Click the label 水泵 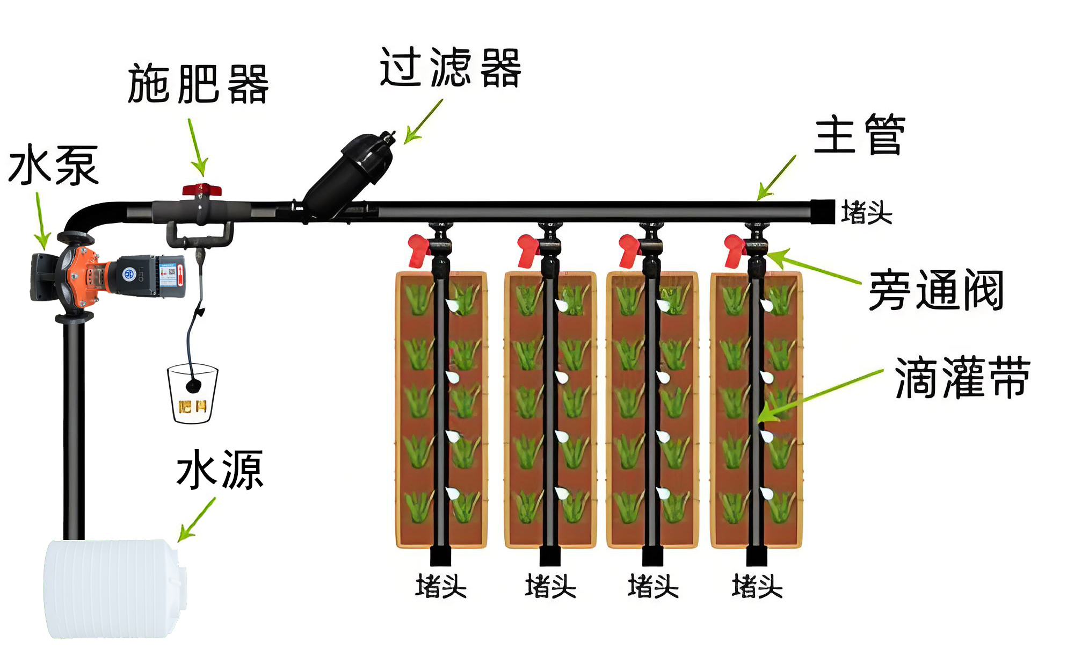[54, 165]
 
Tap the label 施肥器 [198, 84]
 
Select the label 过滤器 [450, 68]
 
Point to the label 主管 [859, 135]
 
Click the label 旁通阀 [936, 291]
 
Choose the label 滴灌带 [962, 378]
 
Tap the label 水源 [220, 470]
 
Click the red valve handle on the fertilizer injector [202, 190]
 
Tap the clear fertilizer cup [192, 394]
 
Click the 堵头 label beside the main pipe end [866, 213]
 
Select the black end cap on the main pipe [822, 211]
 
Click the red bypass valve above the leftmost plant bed [419, 250]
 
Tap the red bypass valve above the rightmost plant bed [735, 250]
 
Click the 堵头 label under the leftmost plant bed [441, 586]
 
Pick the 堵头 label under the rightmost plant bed [757, 586]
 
